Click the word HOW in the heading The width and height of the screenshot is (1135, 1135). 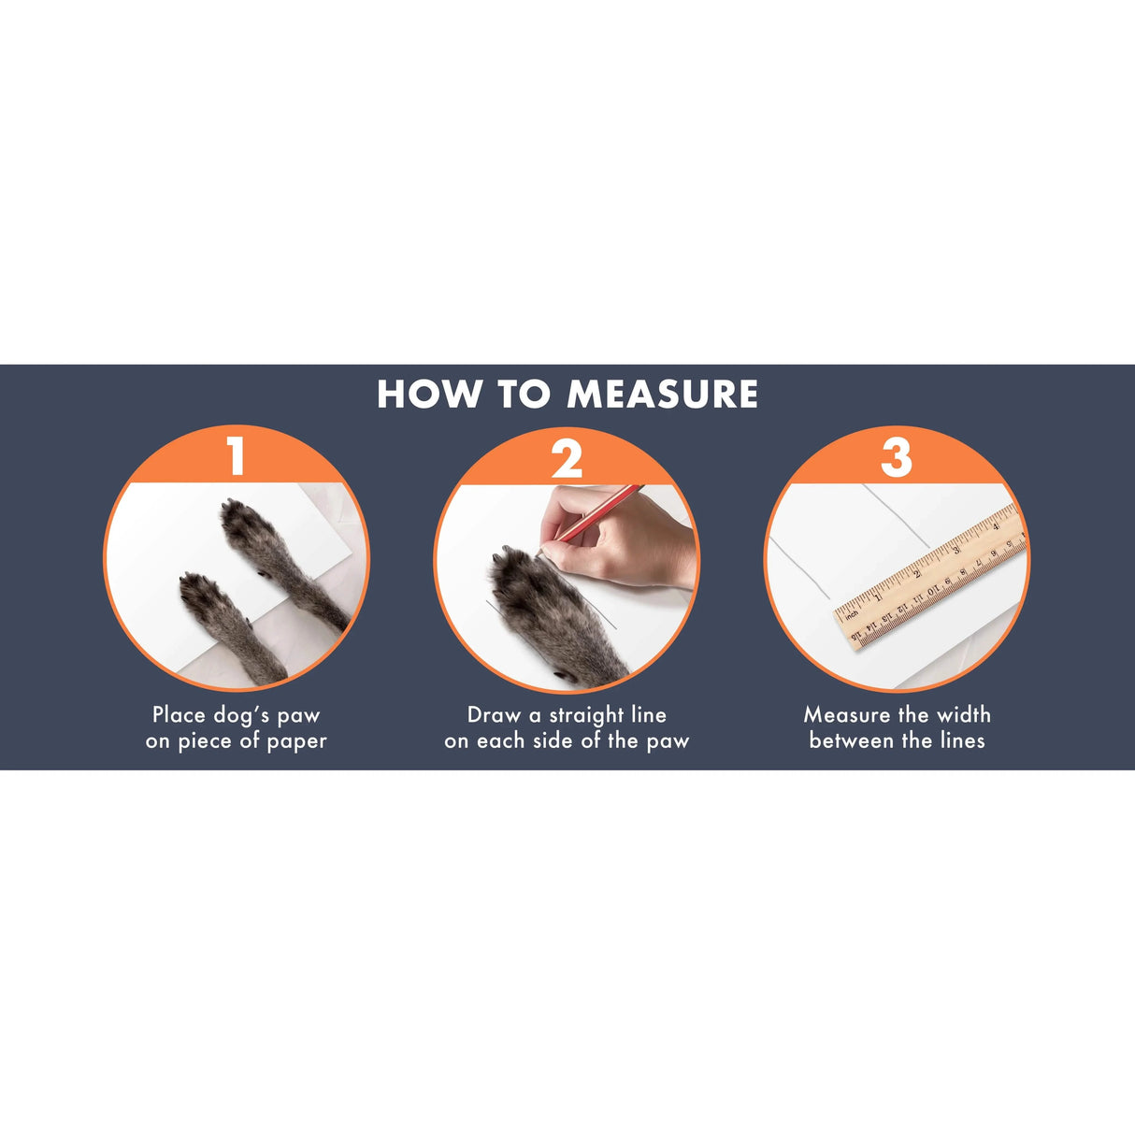point(428,394)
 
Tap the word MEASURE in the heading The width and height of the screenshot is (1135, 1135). point(662,394)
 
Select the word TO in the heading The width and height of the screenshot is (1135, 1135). point(524,394)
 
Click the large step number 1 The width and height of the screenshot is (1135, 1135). point(237,457)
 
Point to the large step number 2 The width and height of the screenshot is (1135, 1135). point(567,458)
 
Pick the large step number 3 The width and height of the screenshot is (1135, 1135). point(897,458)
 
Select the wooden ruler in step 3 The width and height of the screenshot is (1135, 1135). point(930,576)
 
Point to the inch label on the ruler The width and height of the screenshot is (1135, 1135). point(852,615)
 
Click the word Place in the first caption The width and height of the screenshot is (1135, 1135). point(180,714)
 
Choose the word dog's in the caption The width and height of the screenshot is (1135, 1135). point(241,716)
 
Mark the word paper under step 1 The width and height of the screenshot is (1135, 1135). point(297,742)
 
